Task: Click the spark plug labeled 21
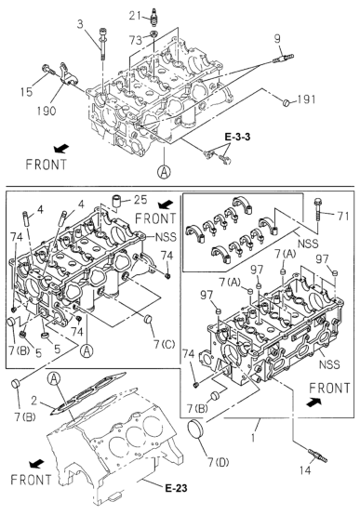(x=153, y=17)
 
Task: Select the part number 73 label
(x=136, y=40)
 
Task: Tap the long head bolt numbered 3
(x=101, y=44)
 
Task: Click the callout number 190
(x=47, y=111)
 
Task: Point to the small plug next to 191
(x=287, y=102)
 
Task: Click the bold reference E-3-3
(x=237, y=137)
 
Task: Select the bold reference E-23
(x=176, y=488)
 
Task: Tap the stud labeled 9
(x=283, y=59)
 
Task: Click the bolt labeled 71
(x=317, y=209)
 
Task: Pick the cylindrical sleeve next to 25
(x=117, y=201)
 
